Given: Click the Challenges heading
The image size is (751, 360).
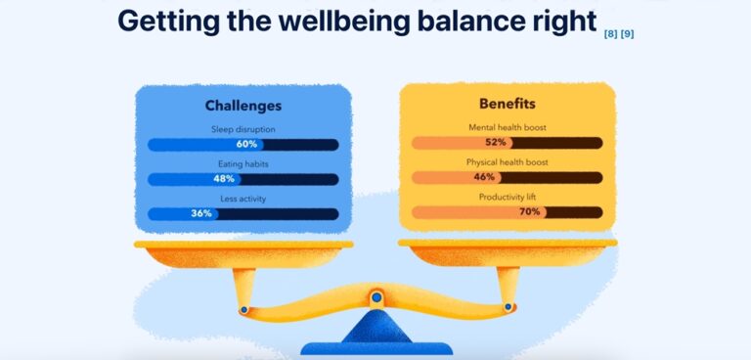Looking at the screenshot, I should (x=243, y=106).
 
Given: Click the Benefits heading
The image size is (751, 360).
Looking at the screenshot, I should (x=507, y=104).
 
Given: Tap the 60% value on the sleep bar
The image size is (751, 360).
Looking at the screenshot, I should (x=246, y=144).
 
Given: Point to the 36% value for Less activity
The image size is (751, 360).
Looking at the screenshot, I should (x=201, y=213).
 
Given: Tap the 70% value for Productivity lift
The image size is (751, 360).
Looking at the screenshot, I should (x=530, y=211).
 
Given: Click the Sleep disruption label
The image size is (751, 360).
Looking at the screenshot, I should (x=243, y=129).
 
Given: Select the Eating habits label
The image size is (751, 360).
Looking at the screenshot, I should (x=243, y=164).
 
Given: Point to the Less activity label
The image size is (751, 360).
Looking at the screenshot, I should (x=243, y=199).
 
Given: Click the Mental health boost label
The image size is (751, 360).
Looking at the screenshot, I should (x=507, y=128).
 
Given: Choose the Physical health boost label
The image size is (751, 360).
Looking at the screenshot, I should (x=507, y=162).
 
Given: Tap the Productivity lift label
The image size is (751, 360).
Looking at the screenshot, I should (x=507, y=197).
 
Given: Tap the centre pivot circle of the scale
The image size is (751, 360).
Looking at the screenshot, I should (x=375, y=297).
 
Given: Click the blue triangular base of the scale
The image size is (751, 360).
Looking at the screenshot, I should (x=375, y=329).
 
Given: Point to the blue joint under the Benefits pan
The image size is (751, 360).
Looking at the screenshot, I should (x=508, y=307).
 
